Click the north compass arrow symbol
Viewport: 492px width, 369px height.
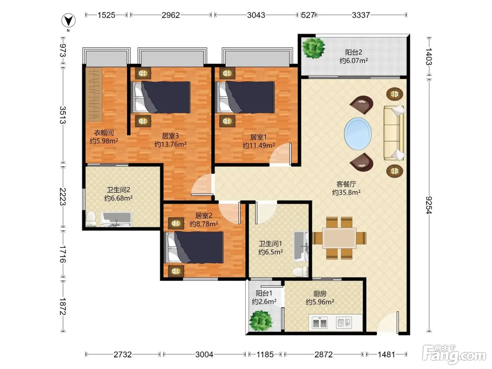(x=69, y=21)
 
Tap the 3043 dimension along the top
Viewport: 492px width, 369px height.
(x=256, y=15)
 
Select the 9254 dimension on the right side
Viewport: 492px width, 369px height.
(x=429, y=205)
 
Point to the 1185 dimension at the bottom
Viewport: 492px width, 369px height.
(x=265, y=355)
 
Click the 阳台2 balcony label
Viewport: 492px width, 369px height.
(x=354, y=52)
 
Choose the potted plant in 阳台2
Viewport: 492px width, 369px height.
(x=313, y=48)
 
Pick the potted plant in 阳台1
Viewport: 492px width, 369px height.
(x=261, y=321)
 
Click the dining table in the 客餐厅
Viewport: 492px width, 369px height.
(x=339, y=238)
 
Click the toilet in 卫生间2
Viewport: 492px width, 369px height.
(x=91, y=219)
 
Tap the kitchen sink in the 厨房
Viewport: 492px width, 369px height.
(x=344, y=323)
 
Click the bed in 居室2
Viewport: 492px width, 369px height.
(x=194, y=247)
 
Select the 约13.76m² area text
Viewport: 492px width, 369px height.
(x=170, y=144)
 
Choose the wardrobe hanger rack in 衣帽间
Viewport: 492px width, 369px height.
(x=94, y=94)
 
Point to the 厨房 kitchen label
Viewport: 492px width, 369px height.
(x=320, y=293)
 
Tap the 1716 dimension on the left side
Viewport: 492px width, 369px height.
(x=63, y=254)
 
